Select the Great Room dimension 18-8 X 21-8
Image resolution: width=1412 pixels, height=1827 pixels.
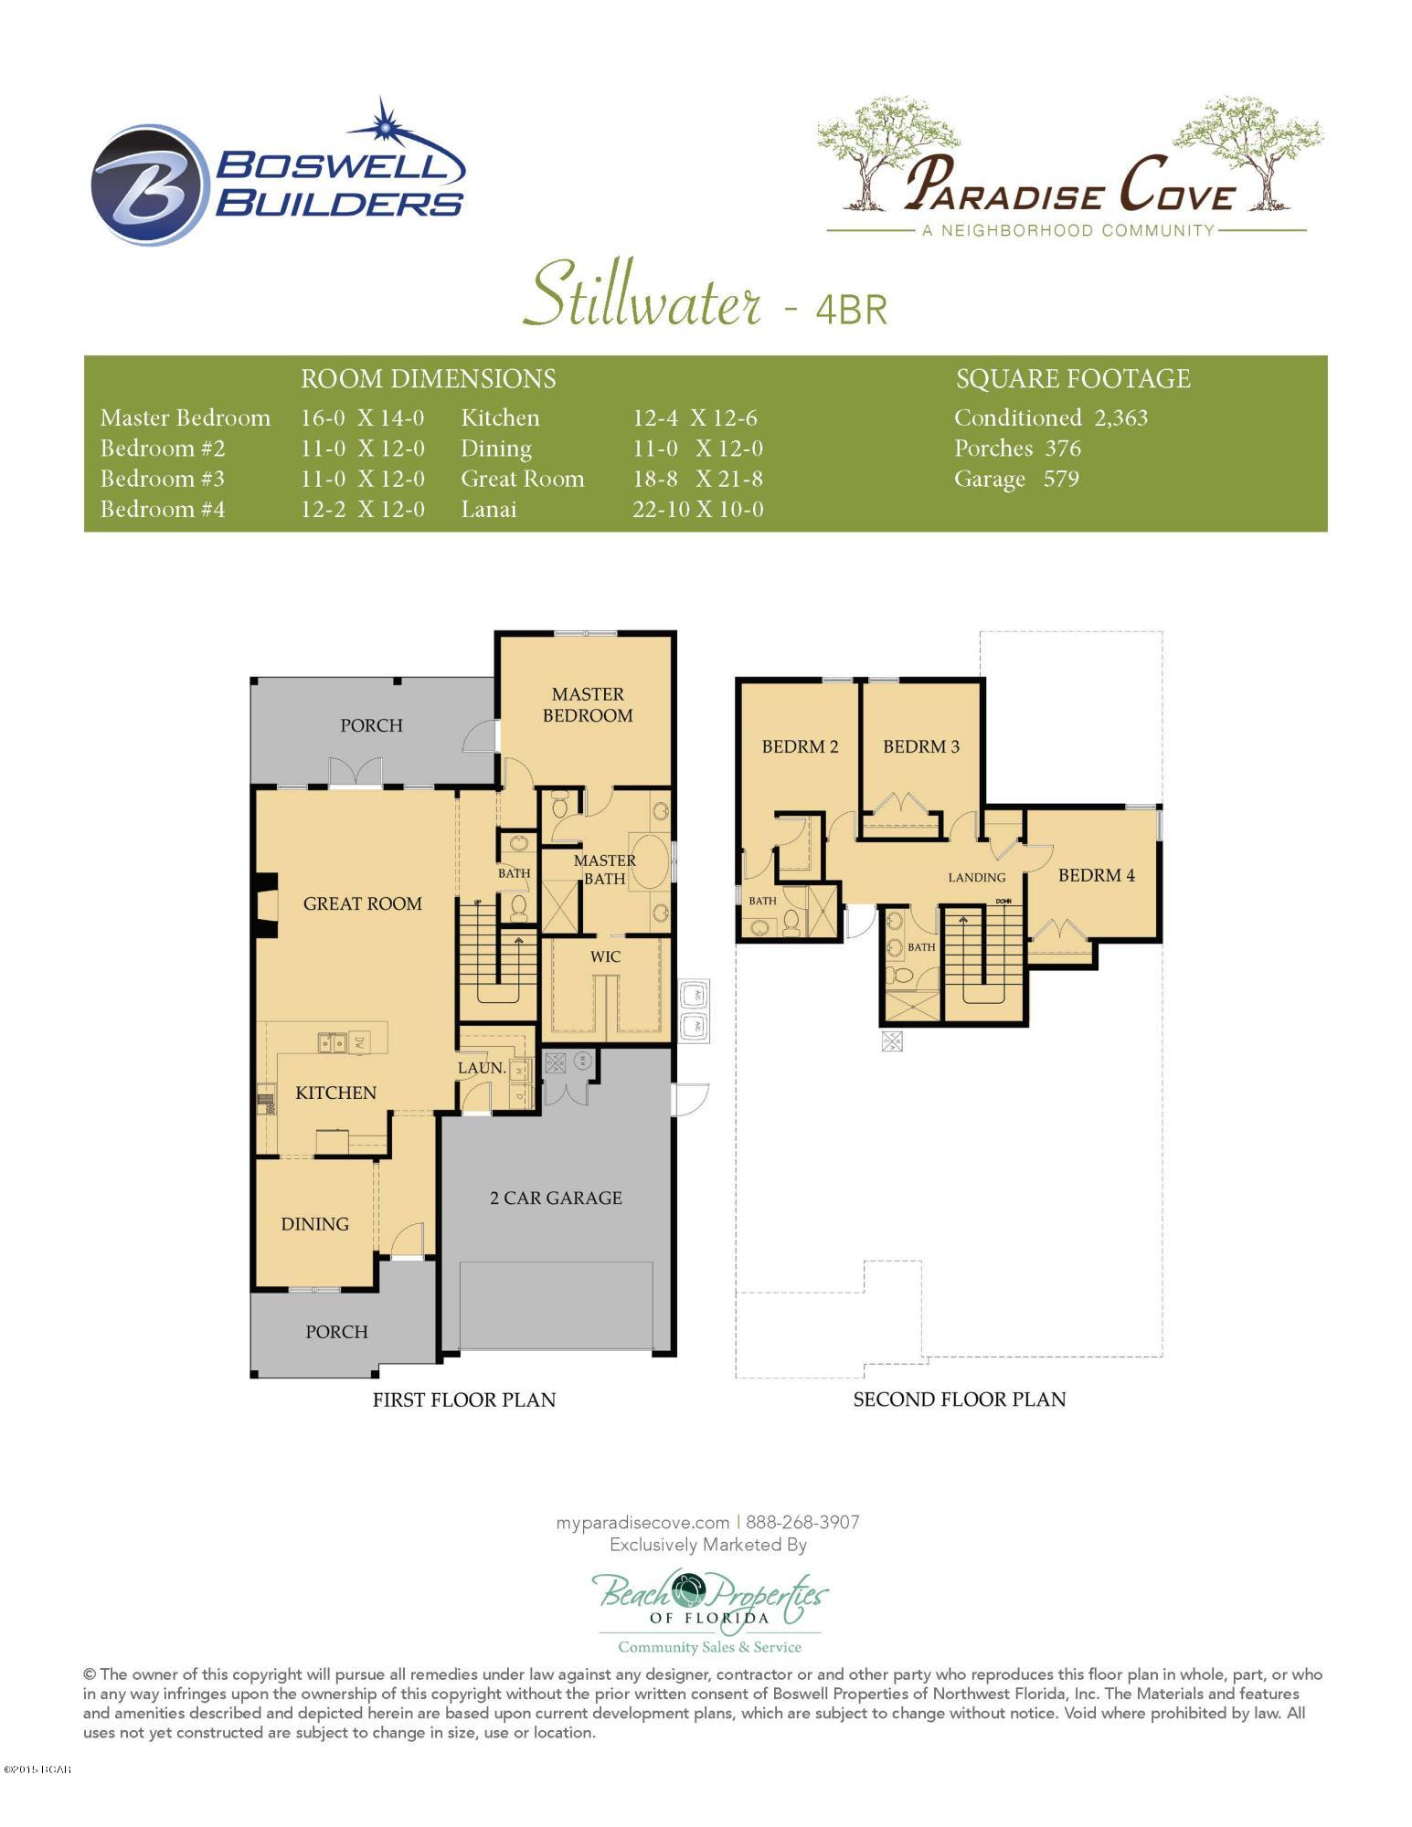pos(697,479)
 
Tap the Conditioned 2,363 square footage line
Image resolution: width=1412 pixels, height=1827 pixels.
pos(1050,417)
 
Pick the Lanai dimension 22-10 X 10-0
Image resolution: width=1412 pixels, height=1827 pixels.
pos(697,509)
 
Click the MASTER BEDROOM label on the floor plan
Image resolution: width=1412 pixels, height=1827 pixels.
pos(588,705)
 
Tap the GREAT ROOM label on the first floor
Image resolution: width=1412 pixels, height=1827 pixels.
pos(362,903)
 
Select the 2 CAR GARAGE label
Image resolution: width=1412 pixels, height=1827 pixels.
pos(556,1198)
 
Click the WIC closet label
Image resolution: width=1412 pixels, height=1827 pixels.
pos(605,956)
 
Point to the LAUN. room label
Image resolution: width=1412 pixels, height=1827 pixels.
pos(481,1067)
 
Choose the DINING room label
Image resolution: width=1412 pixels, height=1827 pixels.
pos(314,1224)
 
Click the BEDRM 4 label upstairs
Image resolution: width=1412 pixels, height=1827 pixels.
pos(1096,875)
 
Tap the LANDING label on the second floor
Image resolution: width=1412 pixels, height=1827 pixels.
pos(976,877)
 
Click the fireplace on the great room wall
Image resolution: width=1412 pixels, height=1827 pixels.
pos(266,904)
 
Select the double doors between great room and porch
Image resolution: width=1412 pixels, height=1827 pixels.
pos(356,773)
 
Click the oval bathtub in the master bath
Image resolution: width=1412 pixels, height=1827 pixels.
pos(648,860)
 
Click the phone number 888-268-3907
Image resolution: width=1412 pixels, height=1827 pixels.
pos(802,1522)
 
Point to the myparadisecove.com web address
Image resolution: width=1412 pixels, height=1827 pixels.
pos(642,1522)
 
